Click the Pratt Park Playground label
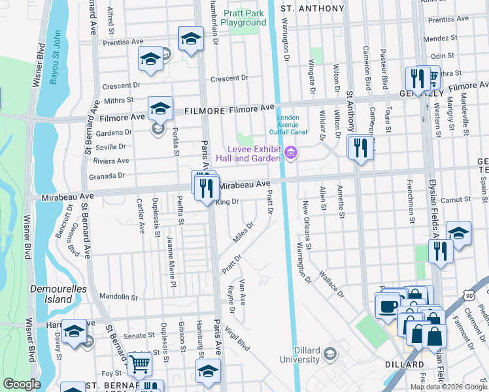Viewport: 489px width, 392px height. (243, 18)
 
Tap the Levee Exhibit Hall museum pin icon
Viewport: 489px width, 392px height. (291, 154)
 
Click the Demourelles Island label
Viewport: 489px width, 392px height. (50, 293)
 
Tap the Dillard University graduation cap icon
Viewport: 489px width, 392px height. (330, 353)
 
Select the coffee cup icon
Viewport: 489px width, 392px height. (386, 305)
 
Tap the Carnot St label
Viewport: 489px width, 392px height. (456, 199)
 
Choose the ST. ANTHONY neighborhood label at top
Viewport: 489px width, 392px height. (312, 8)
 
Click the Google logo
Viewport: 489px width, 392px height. (22, 384)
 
